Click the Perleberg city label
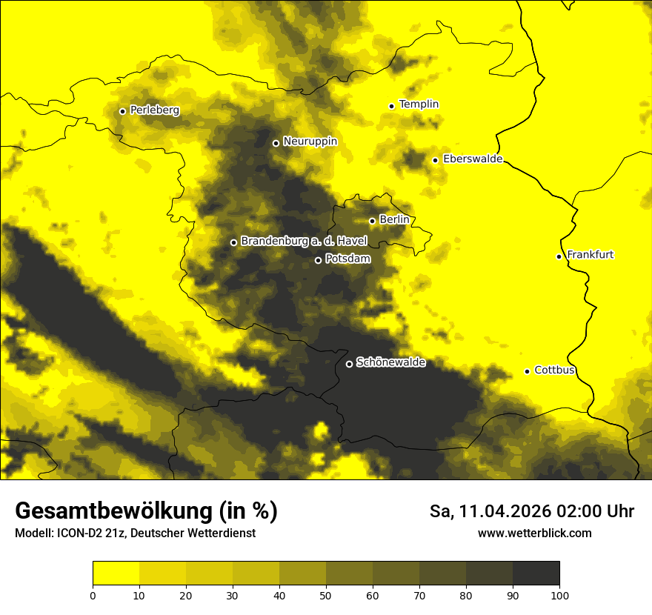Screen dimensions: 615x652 tap(154, 110)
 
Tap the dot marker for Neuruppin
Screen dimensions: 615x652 tap(276, 143)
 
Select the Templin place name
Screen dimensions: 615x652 tap(419, 104)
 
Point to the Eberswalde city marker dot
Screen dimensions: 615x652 tap(435, 160)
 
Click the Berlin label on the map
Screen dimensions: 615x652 tap(394, 220)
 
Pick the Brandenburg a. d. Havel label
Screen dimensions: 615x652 tap(304, 242)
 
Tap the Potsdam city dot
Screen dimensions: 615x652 tap(318, 260)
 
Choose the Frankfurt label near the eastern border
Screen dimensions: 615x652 tap(590, 255)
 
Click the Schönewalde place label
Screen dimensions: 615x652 tap(390, 362)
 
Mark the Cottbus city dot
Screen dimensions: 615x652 tap(527, 371)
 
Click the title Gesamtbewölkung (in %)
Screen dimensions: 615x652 tap(146, 511)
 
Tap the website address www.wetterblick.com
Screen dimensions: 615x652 tap(534, 533)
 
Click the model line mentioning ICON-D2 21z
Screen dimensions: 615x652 tap(135, 533)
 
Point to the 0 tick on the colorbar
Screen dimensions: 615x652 tap(93, 594)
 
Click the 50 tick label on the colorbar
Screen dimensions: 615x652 tap(326, 594)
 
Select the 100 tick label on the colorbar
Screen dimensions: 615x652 tap(559, 594)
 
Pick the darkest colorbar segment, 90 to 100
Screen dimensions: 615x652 tap(536, 573)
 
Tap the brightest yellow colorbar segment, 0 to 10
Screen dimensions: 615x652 tap(116, 573)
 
